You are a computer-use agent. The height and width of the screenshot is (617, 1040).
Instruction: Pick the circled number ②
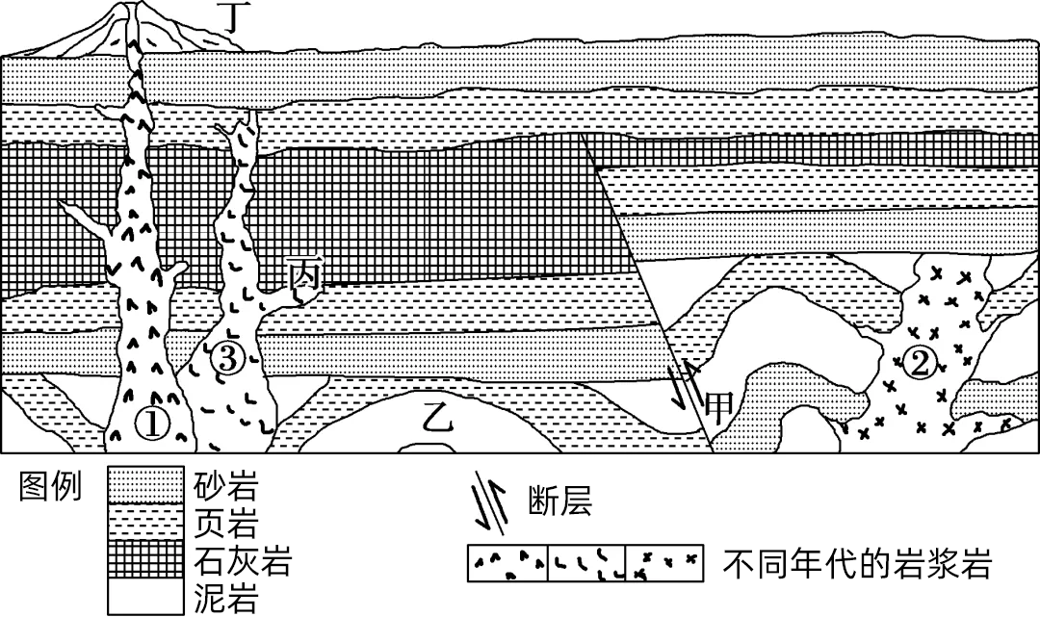point(917,364)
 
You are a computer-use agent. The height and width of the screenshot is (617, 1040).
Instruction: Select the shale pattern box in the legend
point(145,522)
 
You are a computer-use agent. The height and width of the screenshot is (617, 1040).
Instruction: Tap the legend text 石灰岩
point(242,560)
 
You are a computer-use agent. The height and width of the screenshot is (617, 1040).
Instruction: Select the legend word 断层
point(559,502)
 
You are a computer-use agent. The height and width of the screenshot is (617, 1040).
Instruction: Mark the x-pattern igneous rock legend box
point(664,563)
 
